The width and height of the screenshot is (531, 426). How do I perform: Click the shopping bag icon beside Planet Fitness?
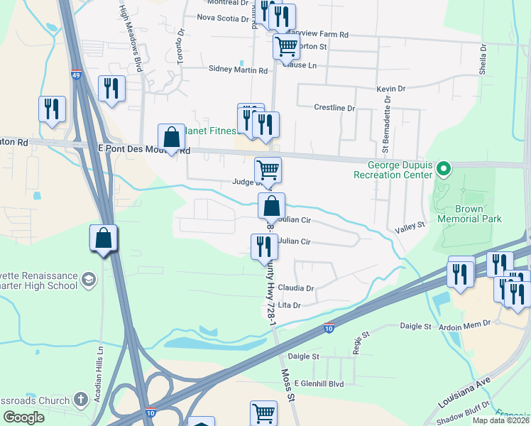pos(171,136)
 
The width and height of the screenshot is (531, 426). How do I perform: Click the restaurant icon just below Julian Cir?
pos(263,246)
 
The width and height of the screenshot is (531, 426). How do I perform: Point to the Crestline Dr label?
pos(334,108)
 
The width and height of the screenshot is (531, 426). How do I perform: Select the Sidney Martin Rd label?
pos(238,70)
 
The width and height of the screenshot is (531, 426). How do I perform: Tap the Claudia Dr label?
pos(296,288)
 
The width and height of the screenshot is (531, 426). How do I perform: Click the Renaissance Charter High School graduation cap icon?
pos(89,278)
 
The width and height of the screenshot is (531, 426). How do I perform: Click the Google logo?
pos(23,417)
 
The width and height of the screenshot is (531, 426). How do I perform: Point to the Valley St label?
pos(410,224)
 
